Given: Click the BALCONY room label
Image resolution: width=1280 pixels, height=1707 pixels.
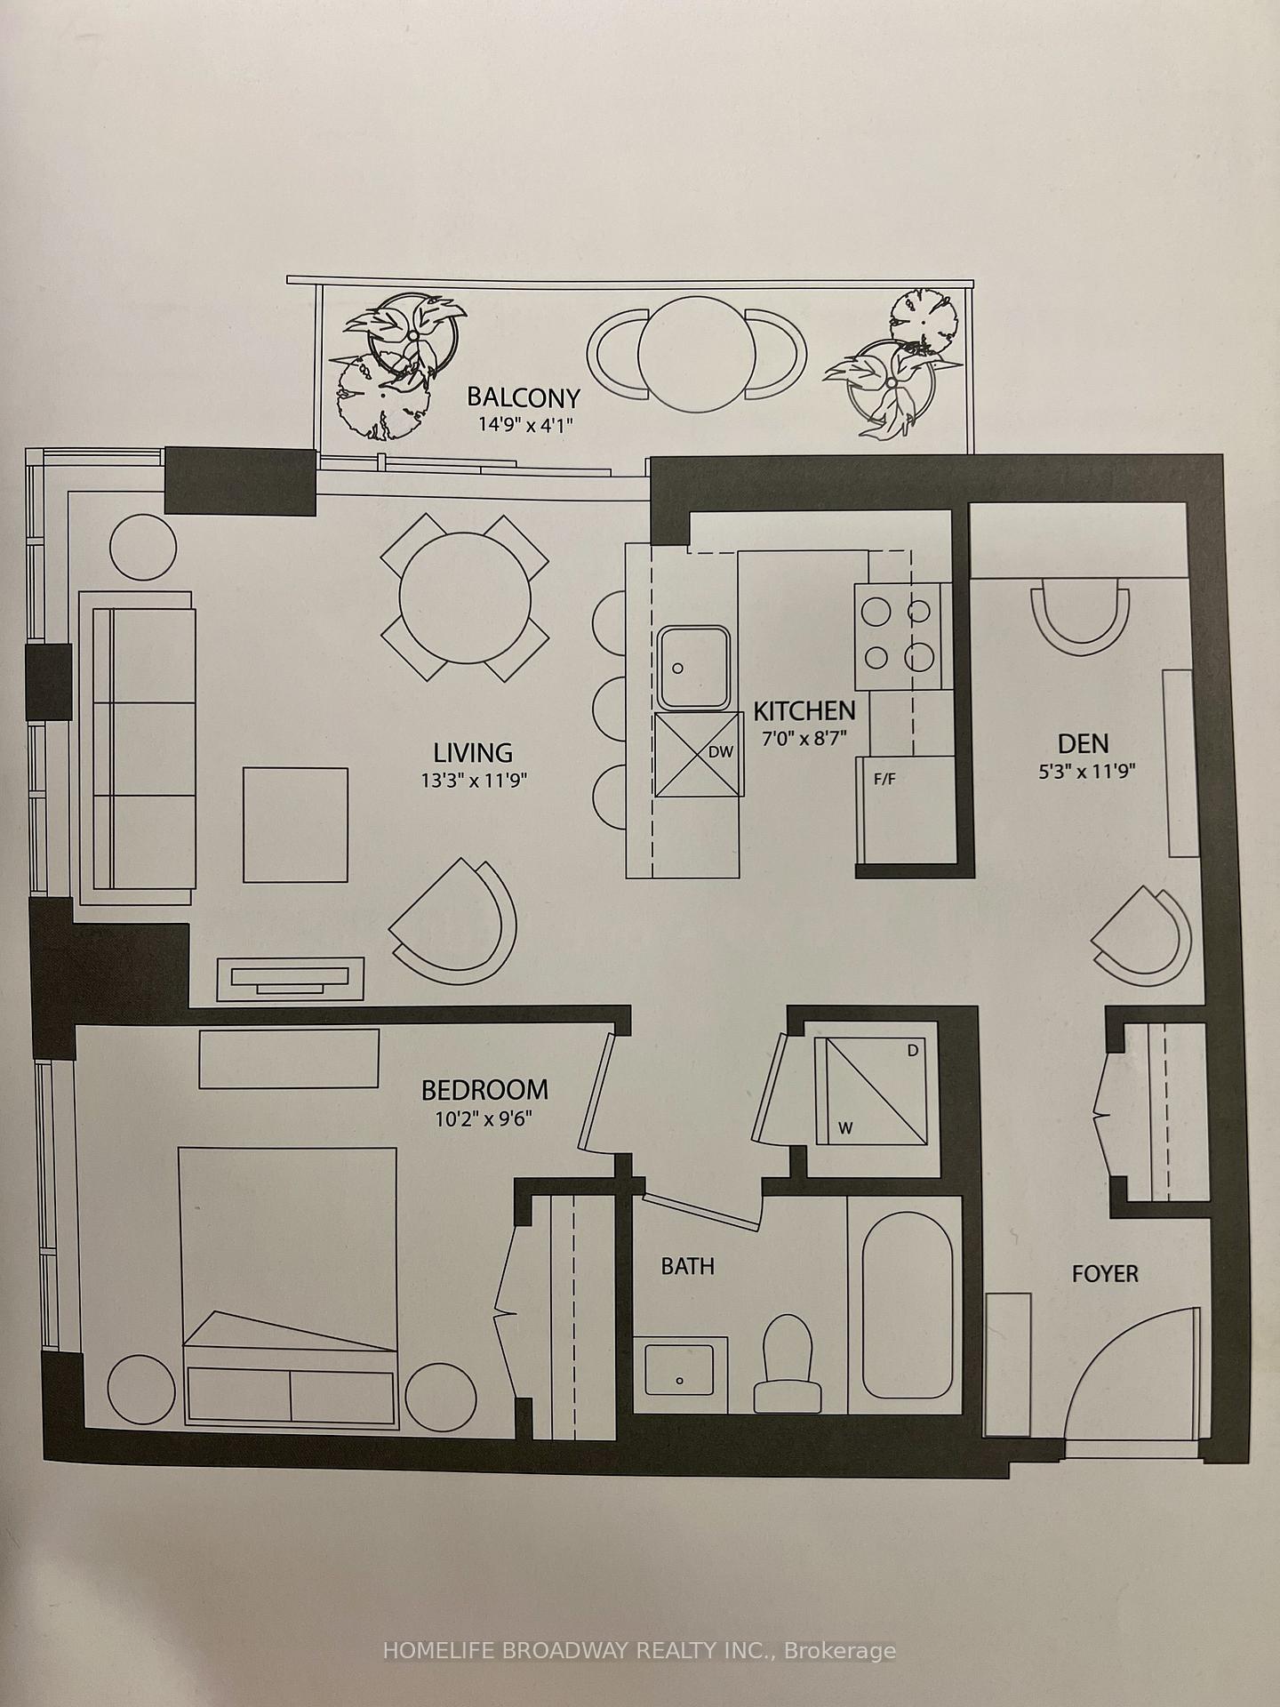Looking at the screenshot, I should click(524, 397).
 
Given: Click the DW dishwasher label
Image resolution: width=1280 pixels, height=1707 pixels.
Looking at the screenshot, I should click(721, 752).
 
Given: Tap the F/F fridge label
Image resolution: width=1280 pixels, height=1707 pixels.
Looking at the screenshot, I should click(884, 780).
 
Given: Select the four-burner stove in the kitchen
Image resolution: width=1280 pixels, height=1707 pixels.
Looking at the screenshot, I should click(899, 635).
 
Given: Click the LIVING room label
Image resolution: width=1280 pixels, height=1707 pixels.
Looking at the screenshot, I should click(473, 753).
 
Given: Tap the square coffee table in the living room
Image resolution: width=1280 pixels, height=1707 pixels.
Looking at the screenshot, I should click(295, 824).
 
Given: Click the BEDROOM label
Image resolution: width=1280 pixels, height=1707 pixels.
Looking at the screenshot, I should click(484, 1089).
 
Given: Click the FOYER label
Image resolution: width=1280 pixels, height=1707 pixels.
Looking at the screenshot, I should click(1105, 1273).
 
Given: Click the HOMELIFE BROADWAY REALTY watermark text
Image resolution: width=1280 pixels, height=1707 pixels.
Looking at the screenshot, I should click(639, 1651).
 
